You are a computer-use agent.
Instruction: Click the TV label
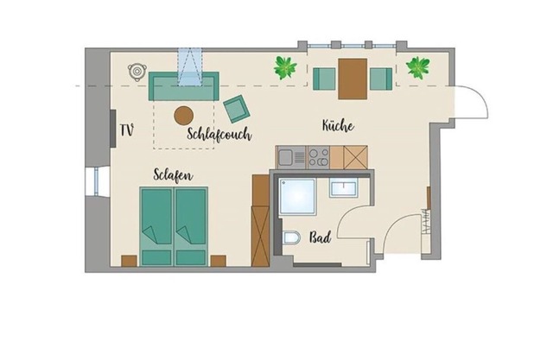127,130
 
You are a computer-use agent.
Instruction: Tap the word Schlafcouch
219,134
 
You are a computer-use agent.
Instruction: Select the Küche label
338,125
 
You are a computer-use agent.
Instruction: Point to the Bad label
321,237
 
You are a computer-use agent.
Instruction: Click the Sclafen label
173,175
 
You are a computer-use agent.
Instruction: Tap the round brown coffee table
184,116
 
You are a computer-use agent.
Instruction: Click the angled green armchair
237,109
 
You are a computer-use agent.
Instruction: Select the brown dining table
353,79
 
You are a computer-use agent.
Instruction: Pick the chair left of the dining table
324,79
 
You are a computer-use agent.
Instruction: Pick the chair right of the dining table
381,79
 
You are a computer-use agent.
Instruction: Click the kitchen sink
291,158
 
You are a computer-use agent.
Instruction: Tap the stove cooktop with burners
319,157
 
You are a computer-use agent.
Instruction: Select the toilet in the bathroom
292,237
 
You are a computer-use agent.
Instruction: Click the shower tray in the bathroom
297,197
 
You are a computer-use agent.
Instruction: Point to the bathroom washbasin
344,187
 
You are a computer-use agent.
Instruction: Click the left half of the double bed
156,226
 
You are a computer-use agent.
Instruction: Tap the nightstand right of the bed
219,261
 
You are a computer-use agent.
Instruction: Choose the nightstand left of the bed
129,261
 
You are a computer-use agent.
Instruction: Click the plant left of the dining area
285,67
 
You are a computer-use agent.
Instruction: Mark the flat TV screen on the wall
113,129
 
